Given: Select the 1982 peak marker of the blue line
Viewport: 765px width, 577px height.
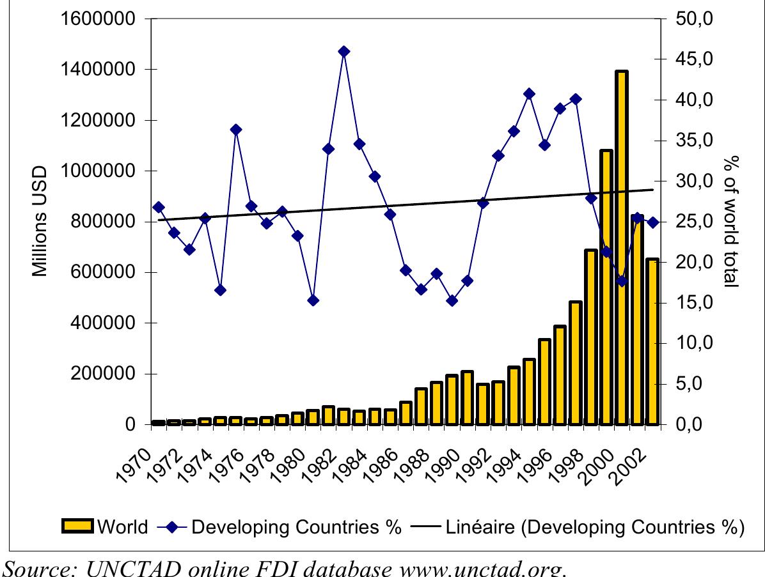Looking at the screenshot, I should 343,52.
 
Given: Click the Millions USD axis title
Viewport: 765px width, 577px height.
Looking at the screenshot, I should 40,221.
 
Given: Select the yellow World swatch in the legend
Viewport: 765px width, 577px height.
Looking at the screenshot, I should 77,527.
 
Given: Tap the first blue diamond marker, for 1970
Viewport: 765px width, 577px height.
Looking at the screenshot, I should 159,207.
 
